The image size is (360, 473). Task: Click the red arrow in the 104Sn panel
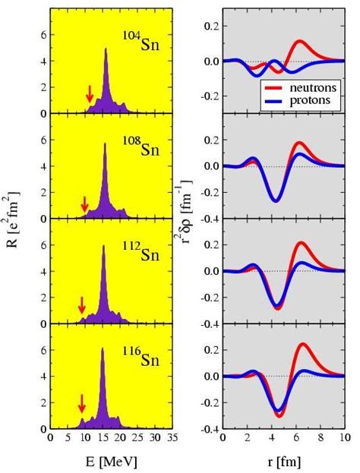click(90, 93)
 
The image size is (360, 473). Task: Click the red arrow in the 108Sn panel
click(84, 203)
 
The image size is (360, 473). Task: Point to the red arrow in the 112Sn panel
click(82, 304)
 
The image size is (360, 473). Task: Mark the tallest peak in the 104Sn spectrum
click(106, 49)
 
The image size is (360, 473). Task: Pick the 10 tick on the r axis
click(343, 438)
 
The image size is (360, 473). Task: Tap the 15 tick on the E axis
click(102, 438)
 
